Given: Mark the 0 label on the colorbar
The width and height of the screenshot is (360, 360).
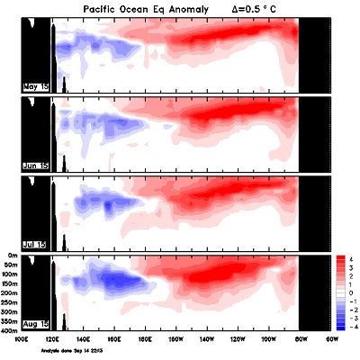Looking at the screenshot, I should (x=351, y=293).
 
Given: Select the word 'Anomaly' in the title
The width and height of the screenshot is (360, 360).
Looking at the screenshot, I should (x=187, y=9).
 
